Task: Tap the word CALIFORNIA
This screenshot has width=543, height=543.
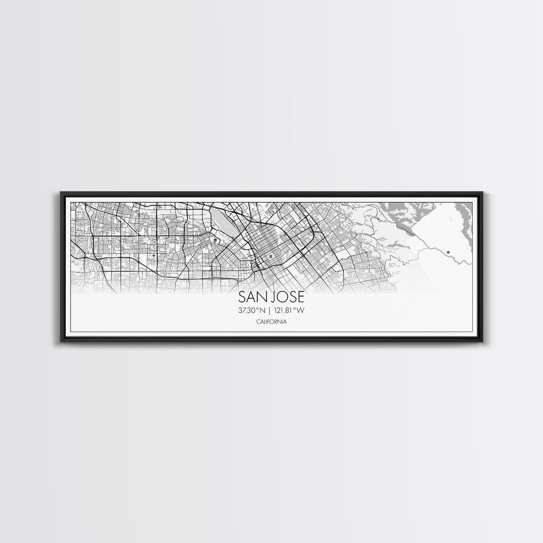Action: pyautogui.click(x=271, y=321)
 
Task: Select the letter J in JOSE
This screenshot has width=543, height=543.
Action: pyautogui.click(x=275, y=298)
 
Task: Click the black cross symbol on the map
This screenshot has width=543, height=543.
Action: pyautogui.click(x=154, y=256)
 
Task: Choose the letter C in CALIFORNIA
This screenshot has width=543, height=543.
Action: pyautogui.click(x=257, y=321)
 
